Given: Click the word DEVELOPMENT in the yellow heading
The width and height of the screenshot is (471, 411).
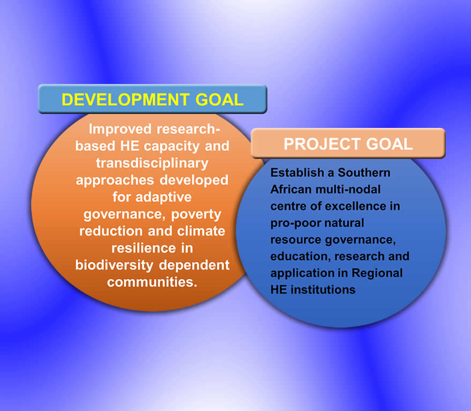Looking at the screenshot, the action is pos(125,100).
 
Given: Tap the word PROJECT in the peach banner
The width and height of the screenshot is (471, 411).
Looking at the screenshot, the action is pos(323,144).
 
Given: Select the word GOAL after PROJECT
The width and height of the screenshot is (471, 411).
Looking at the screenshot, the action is pos(390,144).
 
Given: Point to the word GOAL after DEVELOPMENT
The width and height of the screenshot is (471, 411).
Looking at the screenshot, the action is pos(219,100).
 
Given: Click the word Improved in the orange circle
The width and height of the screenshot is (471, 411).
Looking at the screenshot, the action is pos(120,130).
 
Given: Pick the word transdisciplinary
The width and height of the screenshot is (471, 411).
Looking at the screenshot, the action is pos(152,164).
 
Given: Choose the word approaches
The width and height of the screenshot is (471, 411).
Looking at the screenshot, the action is pos(115,180).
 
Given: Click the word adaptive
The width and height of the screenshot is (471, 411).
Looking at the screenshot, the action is pos(163,197).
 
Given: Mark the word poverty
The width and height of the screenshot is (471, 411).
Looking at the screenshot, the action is pos(196,215).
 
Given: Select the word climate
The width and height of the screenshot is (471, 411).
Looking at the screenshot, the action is pos(201,231).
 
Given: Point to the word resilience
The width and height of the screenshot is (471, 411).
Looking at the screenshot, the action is pos(144,248).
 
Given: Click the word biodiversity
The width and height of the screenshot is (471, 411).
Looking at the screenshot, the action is pos(115,265).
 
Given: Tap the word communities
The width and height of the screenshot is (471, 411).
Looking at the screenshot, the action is pos(152,283).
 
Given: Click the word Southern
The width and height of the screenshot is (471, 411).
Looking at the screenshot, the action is pos(364,173).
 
